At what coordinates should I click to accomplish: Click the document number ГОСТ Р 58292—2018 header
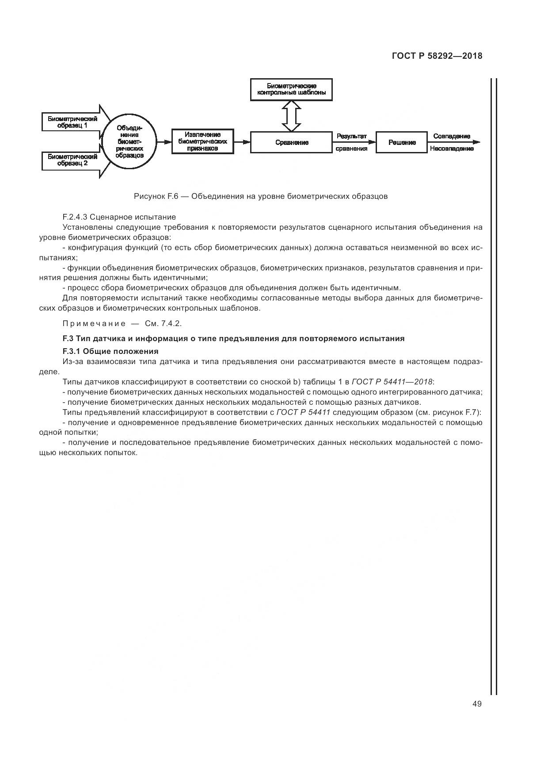coord(437,56)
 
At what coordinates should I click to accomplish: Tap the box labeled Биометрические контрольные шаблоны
coord(291,90)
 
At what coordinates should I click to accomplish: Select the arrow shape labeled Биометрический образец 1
coord(73,122)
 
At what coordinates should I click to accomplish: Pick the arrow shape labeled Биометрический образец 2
coord(73,160)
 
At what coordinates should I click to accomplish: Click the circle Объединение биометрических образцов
coord(129,141)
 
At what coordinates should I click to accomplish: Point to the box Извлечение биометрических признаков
coord(202,142)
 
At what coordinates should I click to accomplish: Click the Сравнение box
coord(291,142)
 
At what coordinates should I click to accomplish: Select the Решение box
coord(401,142)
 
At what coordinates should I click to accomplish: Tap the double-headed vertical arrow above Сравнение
coord(291,116)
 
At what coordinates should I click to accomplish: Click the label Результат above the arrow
coord(352,136)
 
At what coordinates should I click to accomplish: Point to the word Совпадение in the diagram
coord(452,136)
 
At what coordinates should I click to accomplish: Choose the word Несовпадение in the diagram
coord(452,149)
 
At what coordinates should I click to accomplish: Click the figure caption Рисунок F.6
coord(261,196)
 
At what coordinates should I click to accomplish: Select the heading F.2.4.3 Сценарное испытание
coord(119,217)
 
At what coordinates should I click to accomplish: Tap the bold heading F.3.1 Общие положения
coord(110,351)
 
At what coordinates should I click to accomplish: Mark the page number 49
coord(476,704)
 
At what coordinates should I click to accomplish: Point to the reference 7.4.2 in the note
coord(171,323)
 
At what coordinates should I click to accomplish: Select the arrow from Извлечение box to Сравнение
coord(242,142)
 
